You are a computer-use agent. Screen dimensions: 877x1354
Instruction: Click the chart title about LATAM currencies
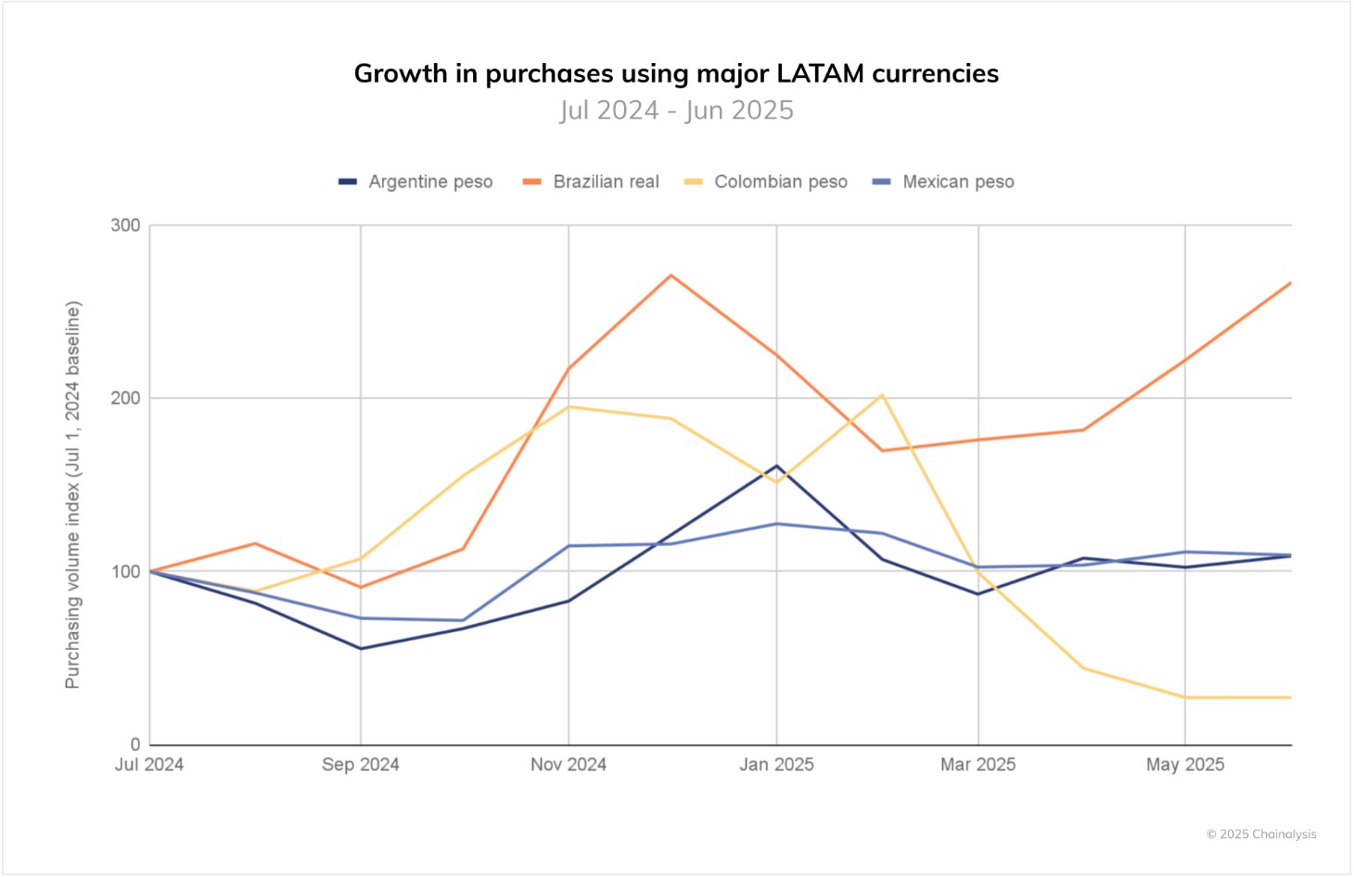(676, 73)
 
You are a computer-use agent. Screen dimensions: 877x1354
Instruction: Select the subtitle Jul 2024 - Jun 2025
(676, 110)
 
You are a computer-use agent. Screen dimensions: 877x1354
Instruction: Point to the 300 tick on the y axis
(125, 225)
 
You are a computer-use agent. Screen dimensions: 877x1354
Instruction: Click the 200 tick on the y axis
(125, 398)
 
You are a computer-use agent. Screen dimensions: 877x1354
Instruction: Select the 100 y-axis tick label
(125, 571)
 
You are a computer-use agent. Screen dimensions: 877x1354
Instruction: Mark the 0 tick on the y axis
(135, 744)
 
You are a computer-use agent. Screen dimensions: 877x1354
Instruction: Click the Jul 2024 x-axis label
(149, 765)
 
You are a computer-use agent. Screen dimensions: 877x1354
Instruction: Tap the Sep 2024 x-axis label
(361, 765)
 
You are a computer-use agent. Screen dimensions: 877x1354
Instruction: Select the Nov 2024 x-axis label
(568, 765)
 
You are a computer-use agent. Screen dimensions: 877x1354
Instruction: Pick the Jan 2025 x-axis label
(776, 765)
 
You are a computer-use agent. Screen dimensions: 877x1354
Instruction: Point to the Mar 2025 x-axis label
(977, 765)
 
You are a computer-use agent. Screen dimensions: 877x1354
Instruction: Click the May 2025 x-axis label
(1184, 765)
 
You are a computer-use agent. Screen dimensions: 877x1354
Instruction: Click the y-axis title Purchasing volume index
(72, 494)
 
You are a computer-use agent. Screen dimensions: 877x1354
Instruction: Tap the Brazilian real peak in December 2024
(671, 275)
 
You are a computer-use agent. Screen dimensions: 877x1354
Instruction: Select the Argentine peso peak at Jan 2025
(776, 465)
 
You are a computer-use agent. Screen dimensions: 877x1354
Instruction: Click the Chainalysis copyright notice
(1261, 834)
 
